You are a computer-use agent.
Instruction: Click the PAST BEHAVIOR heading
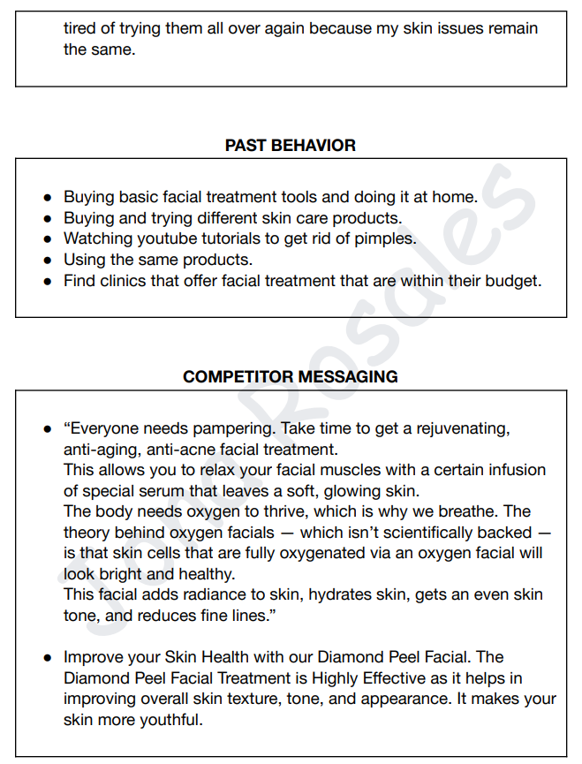pyautogui.click(x=291, y=146)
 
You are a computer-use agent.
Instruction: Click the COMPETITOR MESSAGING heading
pyautogui.click(x=291, y=377)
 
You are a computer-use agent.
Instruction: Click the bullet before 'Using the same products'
pyautogui.click(x=49, y=261)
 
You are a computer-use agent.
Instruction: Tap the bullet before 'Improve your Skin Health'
pyautogui.click(x=49, y=658)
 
